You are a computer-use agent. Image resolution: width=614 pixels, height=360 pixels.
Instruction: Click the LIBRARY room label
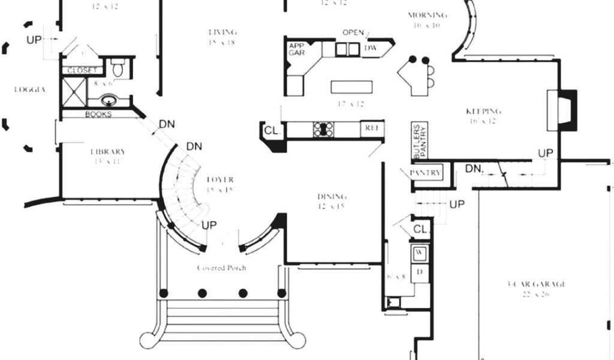click(x=108, y=151)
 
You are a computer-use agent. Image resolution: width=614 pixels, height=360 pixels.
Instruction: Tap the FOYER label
click(x=220, y=179)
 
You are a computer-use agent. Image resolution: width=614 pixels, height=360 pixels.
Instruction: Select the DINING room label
click(x=332, y=196)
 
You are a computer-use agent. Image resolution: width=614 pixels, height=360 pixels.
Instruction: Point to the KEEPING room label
click(x=483, y=111)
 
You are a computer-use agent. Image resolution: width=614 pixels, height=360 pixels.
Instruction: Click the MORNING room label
click(x=427, y=15)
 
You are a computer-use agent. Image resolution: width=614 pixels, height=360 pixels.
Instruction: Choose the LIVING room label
click(x=222, y=32)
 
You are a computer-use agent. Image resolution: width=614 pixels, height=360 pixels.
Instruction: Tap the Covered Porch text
click(x=221, y=268)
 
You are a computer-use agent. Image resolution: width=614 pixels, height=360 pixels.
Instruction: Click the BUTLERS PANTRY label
click(x=419, y=142)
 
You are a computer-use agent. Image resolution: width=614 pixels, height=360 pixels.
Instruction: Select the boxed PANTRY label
click(x=426, y=173)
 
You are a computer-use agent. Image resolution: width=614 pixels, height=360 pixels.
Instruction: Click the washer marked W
click(x=420, y=253)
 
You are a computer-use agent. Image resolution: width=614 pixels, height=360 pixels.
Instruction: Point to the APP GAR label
click(x=297, y=49)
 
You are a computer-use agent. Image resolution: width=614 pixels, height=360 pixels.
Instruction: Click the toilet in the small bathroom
click(x=118, y=67)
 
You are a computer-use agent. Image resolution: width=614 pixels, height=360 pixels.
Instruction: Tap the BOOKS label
click(x=98, y=114)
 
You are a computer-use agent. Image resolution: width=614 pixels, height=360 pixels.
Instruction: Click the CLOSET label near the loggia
click(x=82, y=70)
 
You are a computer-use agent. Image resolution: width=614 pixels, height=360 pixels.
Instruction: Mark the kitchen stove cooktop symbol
click(x=324, y=128)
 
